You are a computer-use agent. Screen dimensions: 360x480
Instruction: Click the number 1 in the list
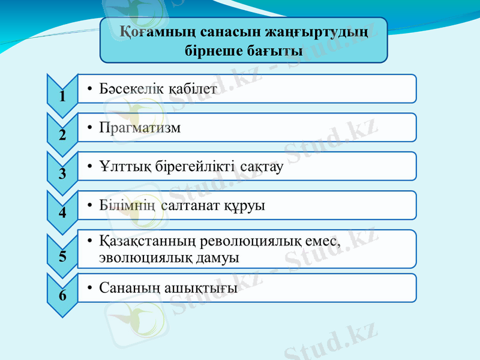(x=62, y=96)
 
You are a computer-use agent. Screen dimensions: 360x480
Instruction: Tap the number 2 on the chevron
(x=62, y=135)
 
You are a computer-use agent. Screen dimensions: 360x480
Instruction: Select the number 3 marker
(x=62, y=174)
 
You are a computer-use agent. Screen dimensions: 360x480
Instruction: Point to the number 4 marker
(x=62, y=213)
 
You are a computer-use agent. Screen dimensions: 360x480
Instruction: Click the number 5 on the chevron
(x=62, y=256)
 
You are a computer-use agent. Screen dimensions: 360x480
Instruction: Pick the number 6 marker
(x=62, y=295)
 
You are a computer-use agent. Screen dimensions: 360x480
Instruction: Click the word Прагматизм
(x=140, y=128)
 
